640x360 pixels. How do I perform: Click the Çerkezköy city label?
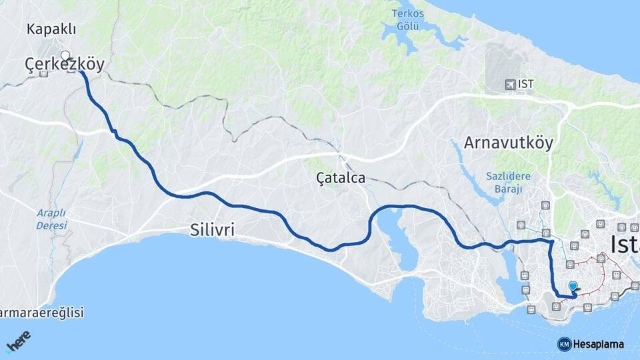click(65, 64)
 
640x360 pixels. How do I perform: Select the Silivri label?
click(213, 230)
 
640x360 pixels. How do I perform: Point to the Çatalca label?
click(341, 178)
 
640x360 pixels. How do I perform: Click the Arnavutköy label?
click(509, 143)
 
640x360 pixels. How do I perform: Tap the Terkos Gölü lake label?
click(408, 19)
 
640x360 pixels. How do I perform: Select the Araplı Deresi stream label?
click(51, 219)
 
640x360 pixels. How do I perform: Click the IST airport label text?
click(526, 85)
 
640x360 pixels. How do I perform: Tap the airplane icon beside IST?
click(510, 85)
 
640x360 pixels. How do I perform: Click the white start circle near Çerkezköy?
click(65, 55)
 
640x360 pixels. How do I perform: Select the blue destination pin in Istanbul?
click(573, 287)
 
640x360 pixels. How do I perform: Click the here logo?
click(19, 341)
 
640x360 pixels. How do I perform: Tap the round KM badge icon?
click(564, 344)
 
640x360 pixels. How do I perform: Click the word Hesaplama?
click(599, 344)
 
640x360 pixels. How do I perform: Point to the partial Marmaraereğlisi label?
click(41, 313)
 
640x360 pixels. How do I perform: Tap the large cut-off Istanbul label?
click(625, 244)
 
